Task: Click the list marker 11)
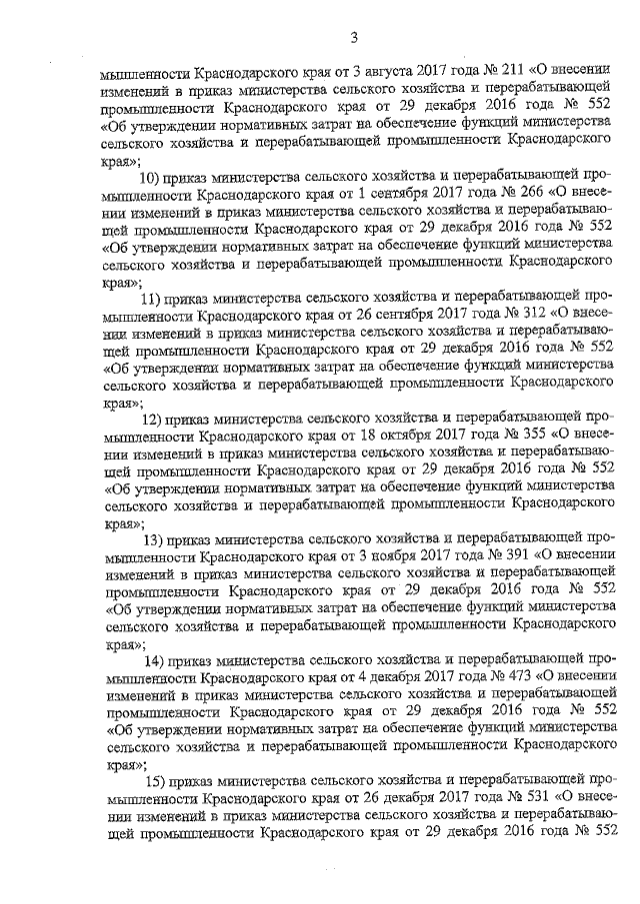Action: click(151, 298)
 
